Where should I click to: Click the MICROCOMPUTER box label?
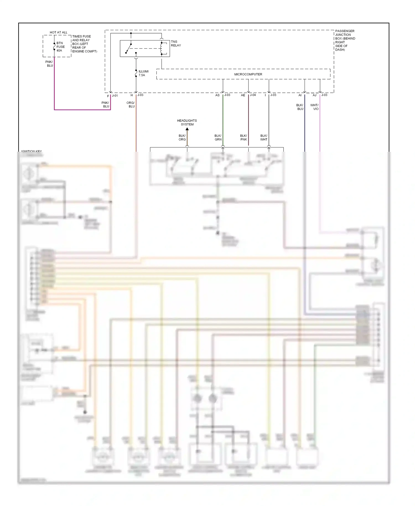[248, 74]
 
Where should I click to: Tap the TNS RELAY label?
[176, 43]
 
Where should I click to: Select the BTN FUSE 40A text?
[61, 47]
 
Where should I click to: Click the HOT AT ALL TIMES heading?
[58, 32]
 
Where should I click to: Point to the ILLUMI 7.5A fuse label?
[143, 73]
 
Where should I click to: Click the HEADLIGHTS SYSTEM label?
[187, 122]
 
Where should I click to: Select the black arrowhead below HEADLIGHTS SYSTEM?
[187, 129]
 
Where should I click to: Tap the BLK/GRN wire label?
[218, 138]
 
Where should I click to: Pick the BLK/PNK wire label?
[243, 138]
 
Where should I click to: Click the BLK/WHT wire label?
[264, 138]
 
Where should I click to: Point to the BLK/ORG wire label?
[182, 138]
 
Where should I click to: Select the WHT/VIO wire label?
[314, 107]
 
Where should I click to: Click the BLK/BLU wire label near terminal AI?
[300, 107]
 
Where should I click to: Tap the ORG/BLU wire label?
[131, 104]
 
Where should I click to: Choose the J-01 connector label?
[115, 95]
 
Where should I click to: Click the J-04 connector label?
[253, 95]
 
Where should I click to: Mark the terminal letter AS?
[217, 95]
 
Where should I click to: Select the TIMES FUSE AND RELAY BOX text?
[84, 44]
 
